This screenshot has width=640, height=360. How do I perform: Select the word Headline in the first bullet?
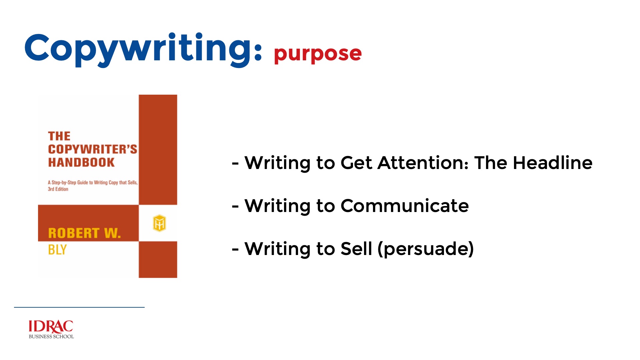tap(553, 163)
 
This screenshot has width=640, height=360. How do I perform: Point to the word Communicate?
tap(405, 206)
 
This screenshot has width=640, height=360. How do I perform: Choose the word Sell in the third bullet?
tap(356, 249)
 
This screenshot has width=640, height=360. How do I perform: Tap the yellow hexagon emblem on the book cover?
tap(159, 223)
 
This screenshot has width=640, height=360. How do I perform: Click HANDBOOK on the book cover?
tap(81, 162)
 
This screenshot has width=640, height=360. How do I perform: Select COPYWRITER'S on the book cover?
tap(93, 149)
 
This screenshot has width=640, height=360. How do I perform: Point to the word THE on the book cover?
tap(59, 136)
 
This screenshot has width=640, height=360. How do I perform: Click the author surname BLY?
tap(57, 250)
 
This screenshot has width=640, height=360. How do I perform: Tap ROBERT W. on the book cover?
tap(84, 233)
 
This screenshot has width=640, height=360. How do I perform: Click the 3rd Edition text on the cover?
tap(58, 189)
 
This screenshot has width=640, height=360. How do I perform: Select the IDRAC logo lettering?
tap(51, 327)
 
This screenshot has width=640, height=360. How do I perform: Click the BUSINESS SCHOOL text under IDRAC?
tap(51, 337)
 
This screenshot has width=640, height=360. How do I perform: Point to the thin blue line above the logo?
tap(79, 307)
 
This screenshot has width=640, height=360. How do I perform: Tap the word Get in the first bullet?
tap(356, 163)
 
